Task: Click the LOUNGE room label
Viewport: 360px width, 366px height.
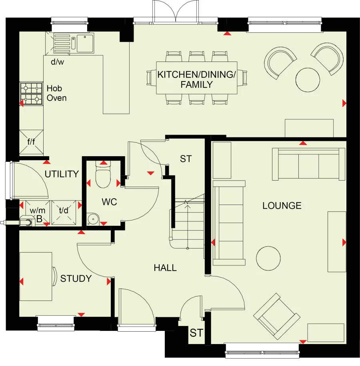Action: [x=282, y=206]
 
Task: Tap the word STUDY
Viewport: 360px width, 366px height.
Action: [x=76, y=278]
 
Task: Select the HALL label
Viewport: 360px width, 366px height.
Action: [x=165, y=268]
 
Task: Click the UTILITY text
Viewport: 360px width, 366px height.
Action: [x=62, y=174]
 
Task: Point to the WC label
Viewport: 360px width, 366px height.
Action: [x=109, y=202]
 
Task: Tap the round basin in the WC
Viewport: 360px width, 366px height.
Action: [x=93, y=219]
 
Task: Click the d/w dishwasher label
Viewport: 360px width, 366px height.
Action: [x=58, y=62]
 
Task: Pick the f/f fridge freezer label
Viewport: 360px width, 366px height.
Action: [x=31, y=141]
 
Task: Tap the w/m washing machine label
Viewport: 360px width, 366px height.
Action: [x=38, y=211]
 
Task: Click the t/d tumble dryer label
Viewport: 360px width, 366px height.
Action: [x=64, y=210]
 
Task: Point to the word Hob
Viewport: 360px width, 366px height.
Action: [x=54, y=88]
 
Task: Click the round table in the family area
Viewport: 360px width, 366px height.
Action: [x=308, y=80]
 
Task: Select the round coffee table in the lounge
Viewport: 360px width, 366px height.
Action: [x=268, y=258]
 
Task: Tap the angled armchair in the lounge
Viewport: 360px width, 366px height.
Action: [x=277, y=316]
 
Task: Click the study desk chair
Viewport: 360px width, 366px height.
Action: [x=55, y=276]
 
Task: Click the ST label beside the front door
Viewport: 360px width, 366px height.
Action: [x=196, y=333]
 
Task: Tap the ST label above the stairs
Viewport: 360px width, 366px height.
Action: [x=186, y=159]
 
